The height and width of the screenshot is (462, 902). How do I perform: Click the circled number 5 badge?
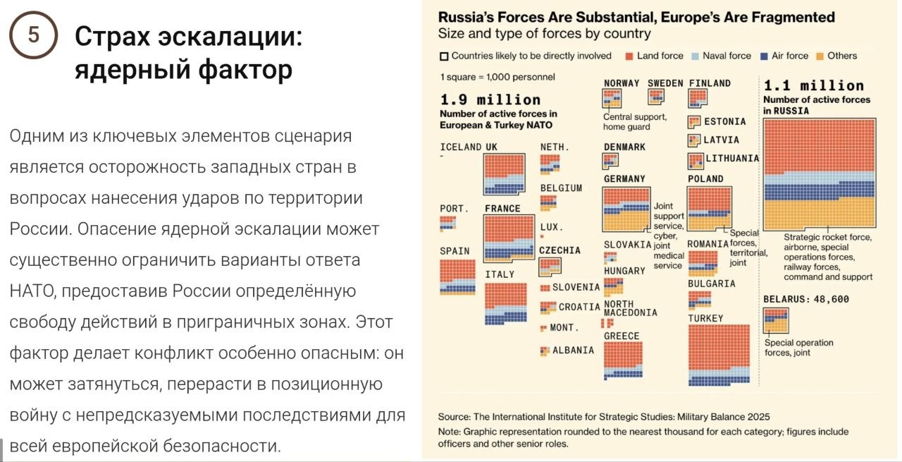click(x=32, y=35)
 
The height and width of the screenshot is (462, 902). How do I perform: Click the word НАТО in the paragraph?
click(x=29, y=291)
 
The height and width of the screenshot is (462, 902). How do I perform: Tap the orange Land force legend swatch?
click(x=628, y=56)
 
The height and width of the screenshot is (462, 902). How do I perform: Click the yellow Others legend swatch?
click(x=820, y=56)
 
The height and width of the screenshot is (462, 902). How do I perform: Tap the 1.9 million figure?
click(x=490, y=99)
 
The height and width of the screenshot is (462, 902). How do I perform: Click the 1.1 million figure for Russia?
click(x=813, y=85)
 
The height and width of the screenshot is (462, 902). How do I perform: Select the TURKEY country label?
click(x=705, y=318)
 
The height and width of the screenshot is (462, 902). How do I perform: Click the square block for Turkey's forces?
click(x=719, y=355)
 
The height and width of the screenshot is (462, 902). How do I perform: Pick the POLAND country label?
click(x=705, y=179)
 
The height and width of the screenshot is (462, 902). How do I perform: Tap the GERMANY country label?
click(x=624, y=179)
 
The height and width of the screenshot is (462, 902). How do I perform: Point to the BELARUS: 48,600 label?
click(x=806, y=299)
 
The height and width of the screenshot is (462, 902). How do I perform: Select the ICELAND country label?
click(x=460, y=147)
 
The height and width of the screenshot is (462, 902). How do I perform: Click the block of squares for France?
click(x=509, y=238)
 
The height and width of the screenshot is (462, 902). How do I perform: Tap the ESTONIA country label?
click(x=724, y=122)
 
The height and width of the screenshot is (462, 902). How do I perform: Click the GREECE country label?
click(x=622, y=336)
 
